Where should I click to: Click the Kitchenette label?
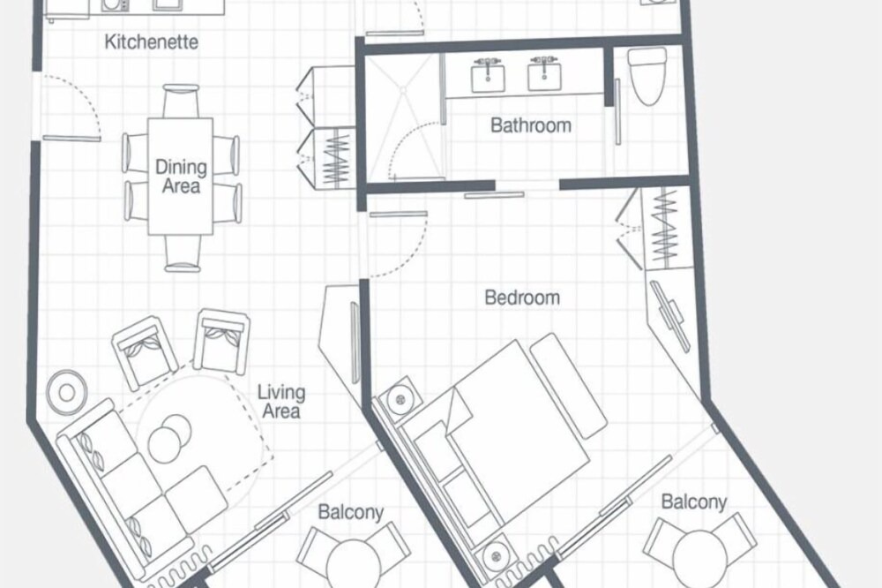(x=152, y=41)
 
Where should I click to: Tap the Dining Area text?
(x=181, y=177)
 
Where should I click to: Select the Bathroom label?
(x=530, y=125)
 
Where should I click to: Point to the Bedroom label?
(x=522, y=298)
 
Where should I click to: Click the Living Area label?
(x=281, y=402)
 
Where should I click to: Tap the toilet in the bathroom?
(x=647, y=75)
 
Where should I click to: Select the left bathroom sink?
(x=488, y=75)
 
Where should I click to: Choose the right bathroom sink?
(x=544, y=74)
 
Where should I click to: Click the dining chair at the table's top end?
(x=181, y=101)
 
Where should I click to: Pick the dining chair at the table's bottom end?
(x=183, y=253)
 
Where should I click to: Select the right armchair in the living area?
(x=221, y=341)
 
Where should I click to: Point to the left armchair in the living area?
(x=145, y=352)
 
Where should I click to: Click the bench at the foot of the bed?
(x=568, y=386)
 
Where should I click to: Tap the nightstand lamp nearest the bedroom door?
(x=400, y=399)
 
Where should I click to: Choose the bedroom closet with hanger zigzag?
(x=666, y=228)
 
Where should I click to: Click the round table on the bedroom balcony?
(x=699, y=559)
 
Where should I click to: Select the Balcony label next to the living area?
(x=350, y=512)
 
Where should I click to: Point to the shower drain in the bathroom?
(x=403, y=89)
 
